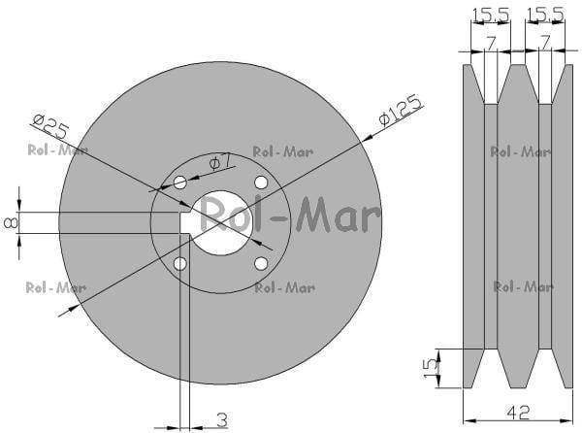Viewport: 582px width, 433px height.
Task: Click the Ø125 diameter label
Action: pos(401,111)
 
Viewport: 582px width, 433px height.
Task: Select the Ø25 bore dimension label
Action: pos(50,126)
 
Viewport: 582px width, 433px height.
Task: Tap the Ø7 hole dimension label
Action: pos(220,162)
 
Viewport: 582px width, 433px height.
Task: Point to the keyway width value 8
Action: pos(11,223)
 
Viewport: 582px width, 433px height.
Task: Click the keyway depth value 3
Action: pos(221,420)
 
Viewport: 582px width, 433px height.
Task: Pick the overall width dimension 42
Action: pos(519,413)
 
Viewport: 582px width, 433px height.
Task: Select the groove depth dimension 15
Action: pos(431,368)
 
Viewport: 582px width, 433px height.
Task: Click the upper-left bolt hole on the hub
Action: pos(180,183)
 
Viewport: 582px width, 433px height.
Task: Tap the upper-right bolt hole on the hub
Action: pos(261,183)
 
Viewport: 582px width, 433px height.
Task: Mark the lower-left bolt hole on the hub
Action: pos(180,264)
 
